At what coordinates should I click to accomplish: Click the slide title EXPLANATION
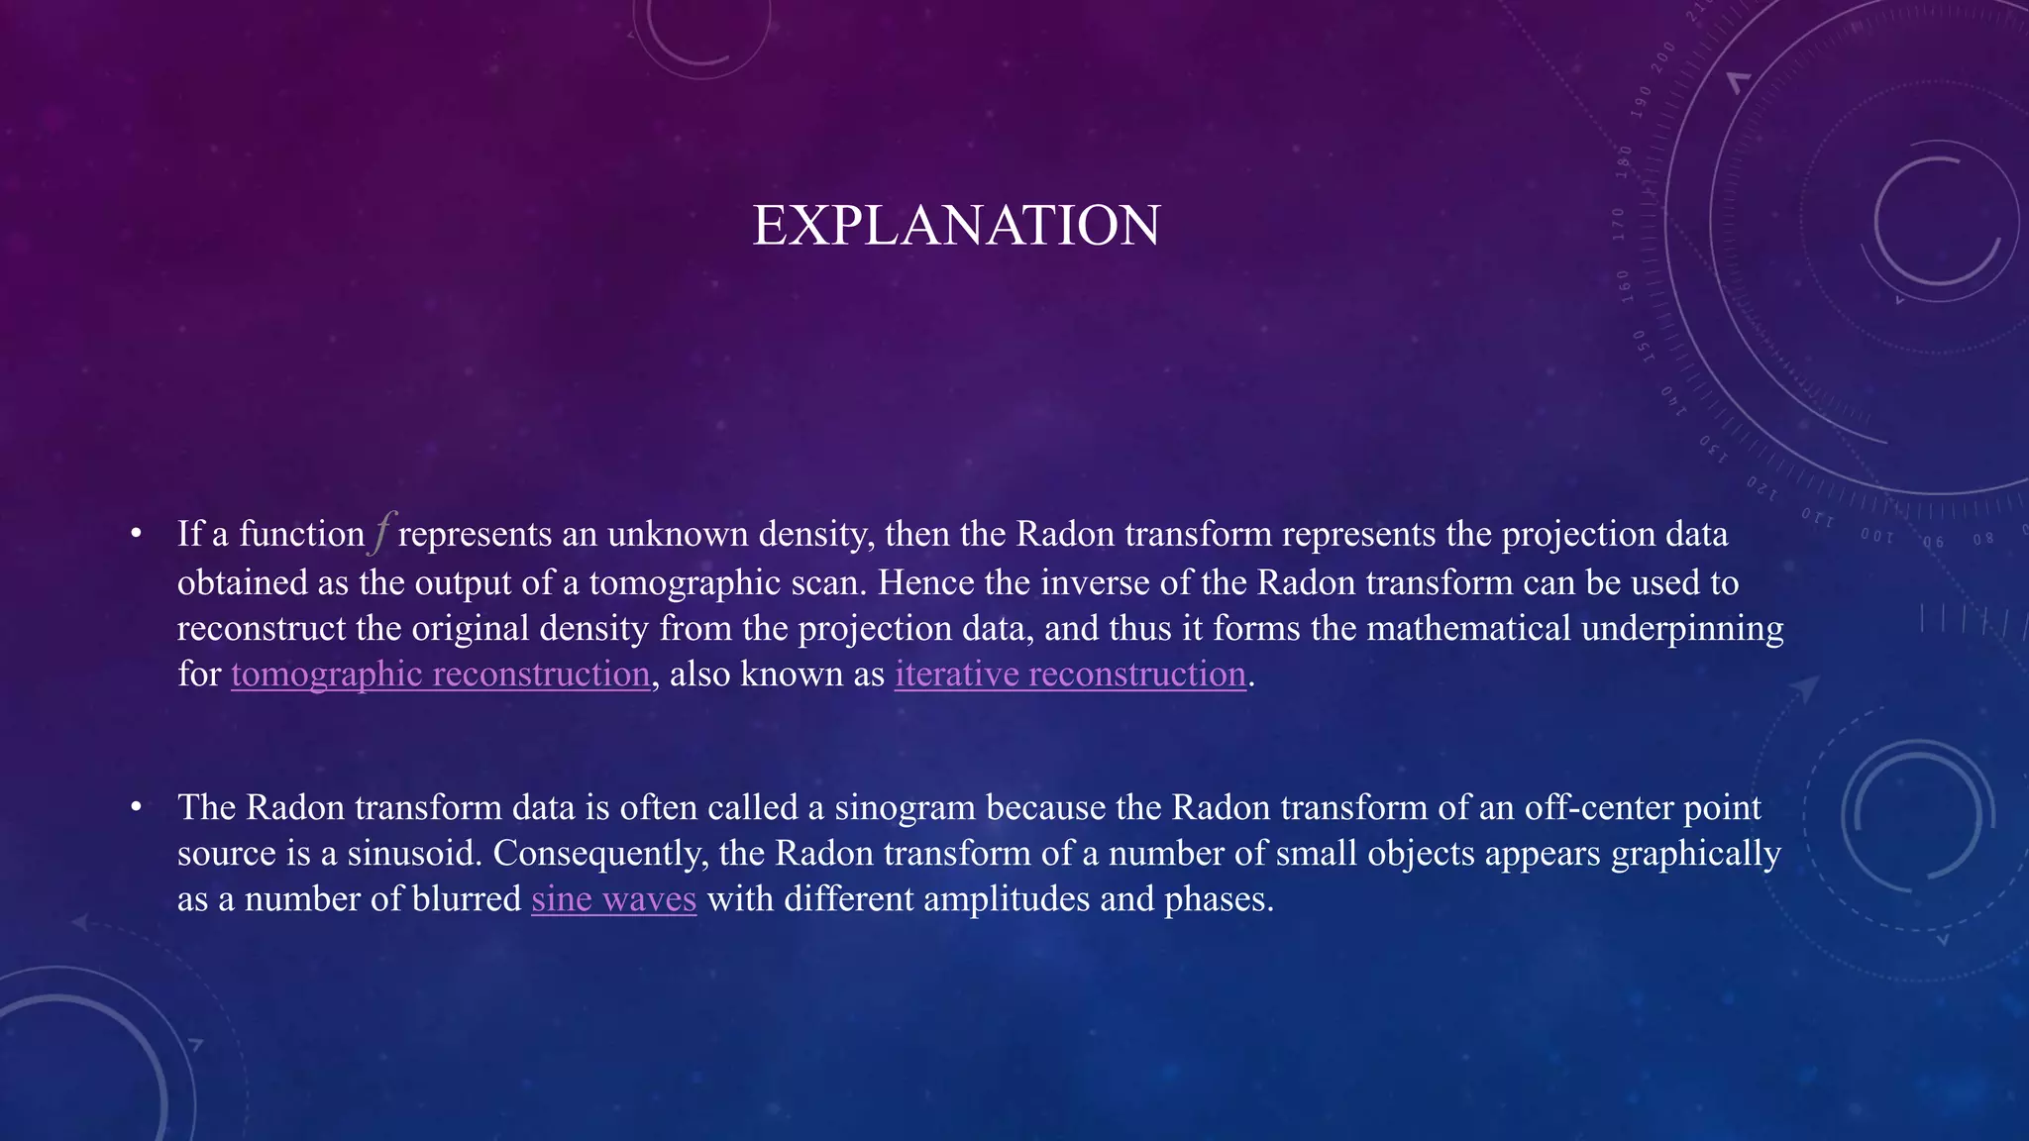pos(956,226)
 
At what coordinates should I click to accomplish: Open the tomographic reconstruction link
pos(440,674)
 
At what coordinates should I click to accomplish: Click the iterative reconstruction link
pos(1070,674)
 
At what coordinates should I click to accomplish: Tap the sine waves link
pos(613,899)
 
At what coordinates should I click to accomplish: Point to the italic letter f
pos(382,533)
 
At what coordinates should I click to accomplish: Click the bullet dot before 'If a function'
pos(137,535)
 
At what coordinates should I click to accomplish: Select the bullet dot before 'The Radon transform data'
pos(137,808)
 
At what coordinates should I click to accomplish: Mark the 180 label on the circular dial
pos(1624,160)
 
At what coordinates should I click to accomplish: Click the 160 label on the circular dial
pos(1624,282)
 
